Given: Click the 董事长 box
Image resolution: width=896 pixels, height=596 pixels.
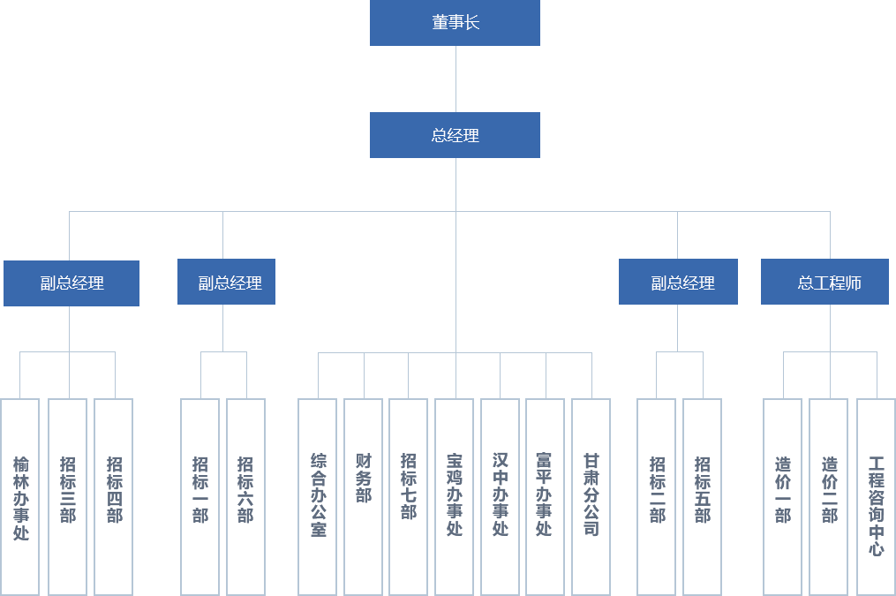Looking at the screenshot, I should pos(454,23).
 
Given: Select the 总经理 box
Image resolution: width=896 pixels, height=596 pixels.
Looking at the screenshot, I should pos(454,134).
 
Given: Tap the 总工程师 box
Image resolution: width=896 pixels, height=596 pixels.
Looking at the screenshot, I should pos(824,283).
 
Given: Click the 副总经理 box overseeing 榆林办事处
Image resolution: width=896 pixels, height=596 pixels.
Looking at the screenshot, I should pos(71,283).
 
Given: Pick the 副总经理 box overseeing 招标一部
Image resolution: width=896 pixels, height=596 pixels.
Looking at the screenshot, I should pos(226,283).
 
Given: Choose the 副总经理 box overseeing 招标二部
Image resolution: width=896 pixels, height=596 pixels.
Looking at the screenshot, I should pos(678,283).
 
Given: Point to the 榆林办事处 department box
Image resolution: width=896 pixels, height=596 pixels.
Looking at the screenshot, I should pos(20,496).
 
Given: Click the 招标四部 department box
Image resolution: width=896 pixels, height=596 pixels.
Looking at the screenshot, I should pos(113,496).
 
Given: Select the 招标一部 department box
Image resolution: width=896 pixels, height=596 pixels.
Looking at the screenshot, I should pos(200,496).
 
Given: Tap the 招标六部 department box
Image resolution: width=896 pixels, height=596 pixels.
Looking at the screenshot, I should pos(245,496).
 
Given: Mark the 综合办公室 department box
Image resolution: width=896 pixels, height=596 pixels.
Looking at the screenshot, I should pos(317,496).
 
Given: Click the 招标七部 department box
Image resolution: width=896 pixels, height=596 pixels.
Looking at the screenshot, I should pos(408,496).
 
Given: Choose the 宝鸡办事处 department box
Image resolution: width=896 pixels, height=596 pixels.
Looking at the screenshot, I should pos(454,496).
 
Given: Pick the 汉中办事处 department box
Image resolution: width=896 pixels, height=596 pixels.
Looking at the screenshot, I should pos(500,496).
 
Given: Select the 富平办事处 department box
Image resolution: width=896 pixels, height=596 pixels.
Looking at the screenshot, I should pos(545,496).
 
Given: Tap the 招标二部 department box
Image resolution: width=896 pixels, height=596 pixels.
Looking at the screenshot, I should pos(656,496).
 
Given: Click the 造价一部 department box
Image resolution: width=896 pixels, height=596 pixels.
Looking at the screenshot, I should pos(782,496).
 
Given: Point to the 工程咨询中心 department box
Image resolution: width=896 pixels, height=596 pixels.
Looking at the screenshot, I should pos(875,496).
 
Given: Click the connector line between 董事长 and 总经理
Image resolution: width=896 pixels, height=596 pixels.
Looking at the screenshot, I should pos(455,79).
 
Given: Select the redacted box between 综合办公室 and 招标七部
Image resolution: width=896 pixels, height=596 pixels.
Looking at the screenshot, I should pos(363,496).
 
